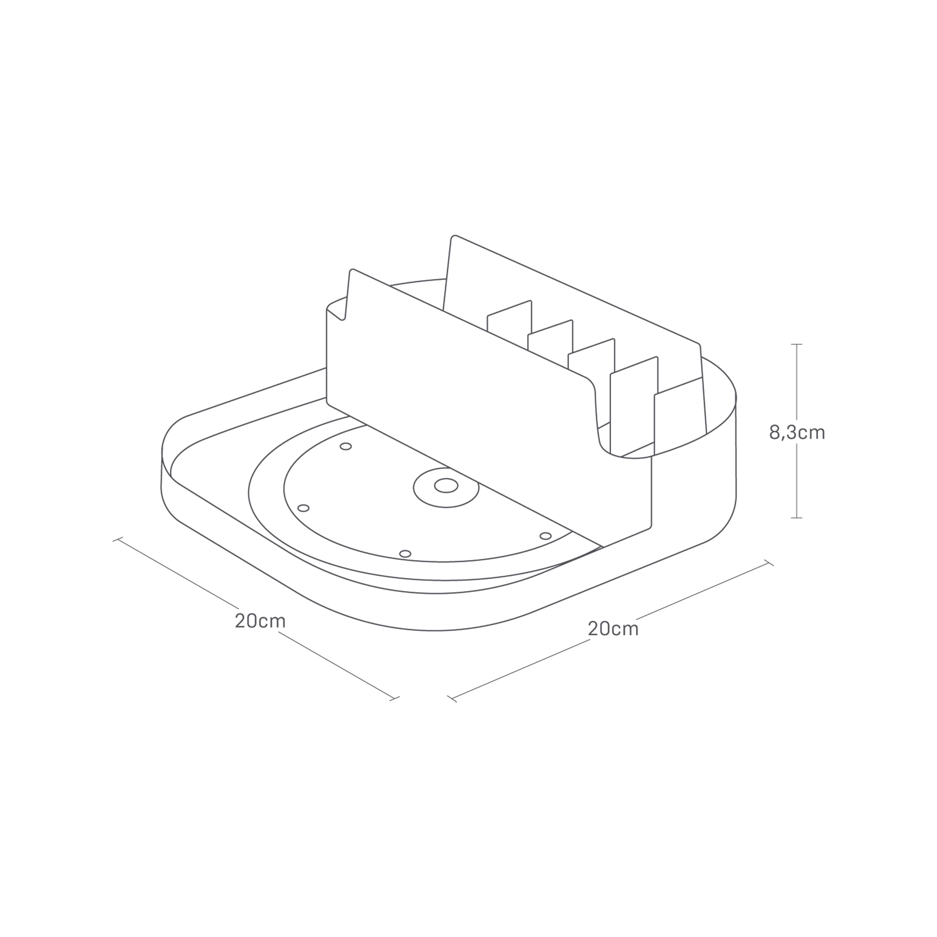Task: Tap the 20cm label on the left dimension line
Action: (x=260, y=621)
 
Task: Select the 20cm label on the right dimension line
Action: (x=613, y=629)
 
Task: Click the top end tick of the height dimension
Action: (x=797, y=345)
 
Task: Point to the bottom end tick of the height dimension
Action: (x=797, y=518)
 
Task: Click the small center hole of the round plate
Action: (x=446, y=485)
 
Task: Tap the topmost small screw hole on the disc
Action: (x=346, y=446)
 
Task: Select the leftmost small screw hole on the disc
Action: (x=303, y=508)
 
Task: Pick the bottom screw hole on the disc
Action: (x=405, y=554)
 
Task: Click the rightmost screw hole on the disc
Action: (x=546, y=536)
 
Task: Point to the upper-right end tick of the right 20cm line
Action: (x=769, y=563)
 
